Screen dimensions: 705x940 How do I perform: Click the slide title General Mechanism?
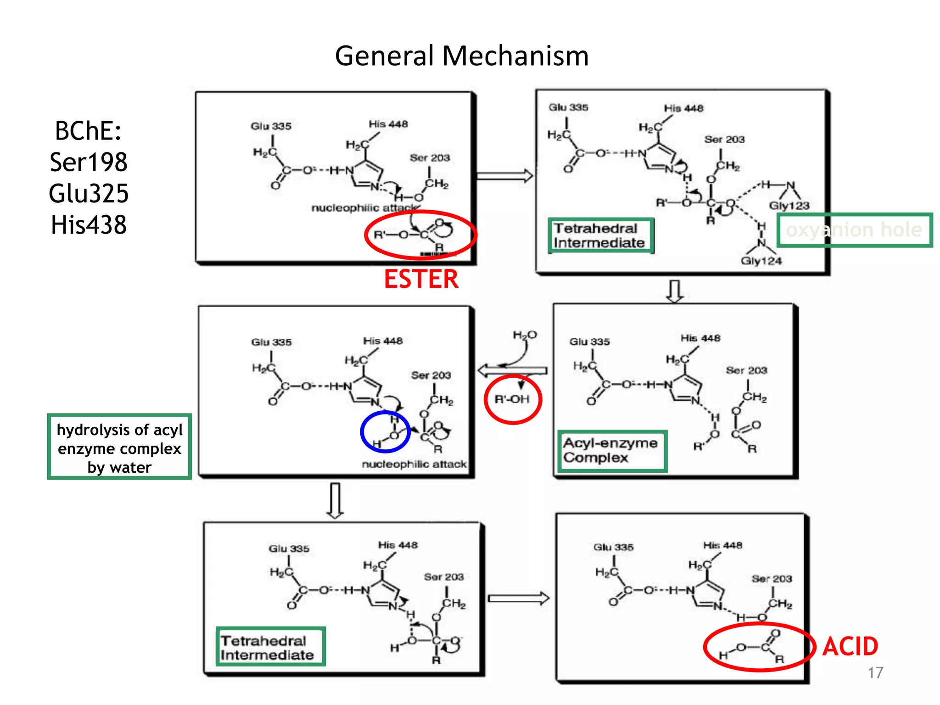tap(461, 56)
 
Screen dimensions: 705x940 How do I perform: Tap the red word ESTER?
tap(421, 279)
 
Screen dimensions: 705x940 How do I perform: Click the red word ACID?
tap(850, 646)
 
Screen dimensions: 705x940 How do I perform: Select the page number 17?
tap(875, 672)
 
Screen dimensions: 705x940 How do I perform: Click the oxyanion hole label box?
tap(854, 230)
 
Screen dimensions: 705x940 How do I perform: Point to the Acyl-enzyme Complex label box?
tap(612, 451)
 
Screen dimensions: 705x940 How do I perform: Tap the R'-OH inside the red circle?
tap(512, 399)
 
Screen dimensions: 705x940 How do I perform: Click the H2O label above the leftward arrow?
tap(525, 335)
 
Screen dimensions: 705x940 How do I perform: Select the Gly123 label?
tap(789, 206)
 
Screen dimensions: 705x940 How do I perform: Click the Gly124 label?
tap(761, 261)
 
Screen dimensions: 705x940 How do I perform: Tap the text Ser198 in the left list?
tap(89, 162)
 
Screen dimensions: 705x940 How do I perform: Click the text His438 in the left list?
tap(89, 225)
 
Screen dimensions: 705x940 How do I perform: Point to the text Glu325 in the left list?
tap(89, 193)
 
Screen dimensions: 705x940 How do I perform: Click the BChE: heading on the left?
tap(88, 131)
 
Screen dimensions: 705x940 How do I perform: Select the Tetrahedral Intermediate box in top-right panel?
tap(600, 235)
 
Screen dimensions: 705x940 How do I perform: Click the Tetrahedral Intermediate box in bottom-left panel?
tap(270, 647)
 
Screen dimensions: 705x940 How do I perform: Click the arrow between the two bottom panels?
tap(519, 598)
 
